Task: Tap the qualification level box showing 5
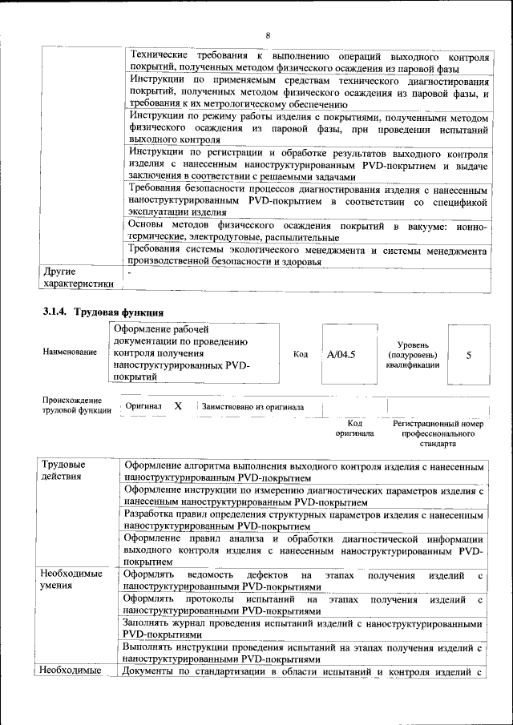pos(468,354)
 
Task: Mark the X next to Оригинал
pos(178,407)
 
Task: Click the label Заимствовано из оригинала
pos(252,407)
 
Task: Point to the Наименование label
pos(71,352)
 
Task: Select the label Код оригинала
pos(354,427)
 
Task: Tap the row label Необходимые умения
pos(71,580)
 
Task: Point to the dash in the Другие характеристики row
pos(129,274)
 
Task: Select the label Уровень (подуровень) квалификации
pos(411,354)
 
